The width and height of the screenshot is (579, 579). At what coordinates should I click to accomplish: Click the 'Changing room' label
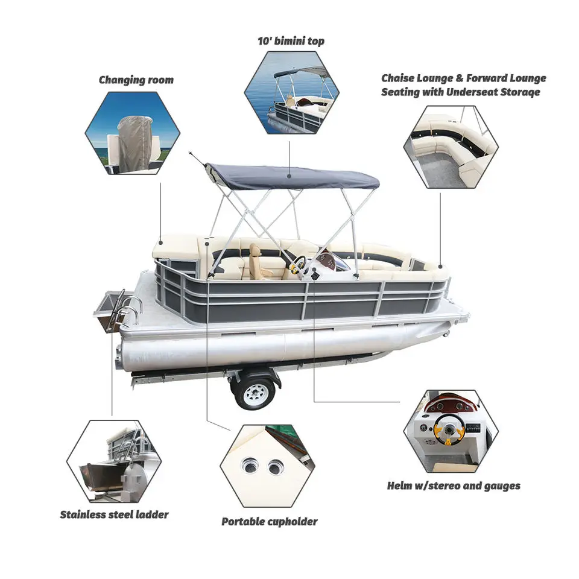(x=136, y=80)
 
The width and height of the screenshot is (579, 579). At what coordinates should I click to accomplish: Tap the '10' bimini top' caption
(x=291, y=42)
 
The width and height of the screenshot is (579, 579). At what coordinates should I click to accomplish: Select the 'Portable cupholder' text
(x=269, y=521)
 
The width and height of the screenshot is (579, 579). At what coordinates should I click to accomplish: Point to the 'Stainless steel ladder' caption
(x=114, y=514)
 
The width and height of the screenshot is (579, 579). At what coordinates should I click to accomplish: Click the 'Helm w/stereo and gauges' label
(x=453, y=486)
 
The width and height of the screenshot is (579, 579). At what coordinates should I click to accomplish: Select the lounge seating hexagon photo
(x=451, y=147)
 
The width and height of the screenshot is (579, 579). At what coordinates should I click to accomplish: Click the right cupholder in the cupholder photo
(x=277, y=466)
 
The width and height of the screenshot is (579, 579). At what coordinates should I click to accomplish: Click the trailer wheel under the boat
(x=254, y=393)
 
